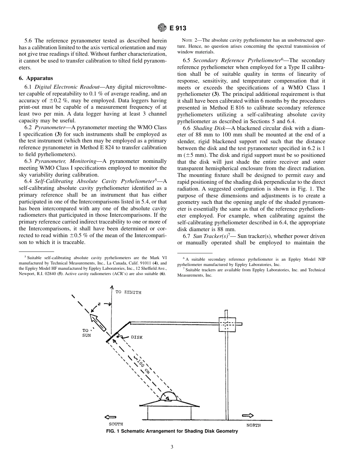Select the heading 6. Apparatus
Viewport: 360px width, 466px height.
[36, 78]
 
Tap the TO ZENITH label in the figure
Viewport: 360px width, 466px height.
[128, 292]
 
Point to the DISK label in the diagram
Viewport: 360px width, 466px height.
[136, 337]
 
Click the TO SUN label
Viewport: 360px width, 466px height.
[86, 333]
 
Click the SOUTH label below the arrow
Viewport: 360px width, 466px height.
[116, 424]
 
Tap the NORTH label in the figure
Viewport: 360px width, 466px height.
[254, 425]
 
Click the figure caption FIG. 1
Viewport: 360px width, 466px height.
[172, 432]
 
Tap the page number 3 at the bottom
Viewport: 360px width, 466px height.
[172, 447]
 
